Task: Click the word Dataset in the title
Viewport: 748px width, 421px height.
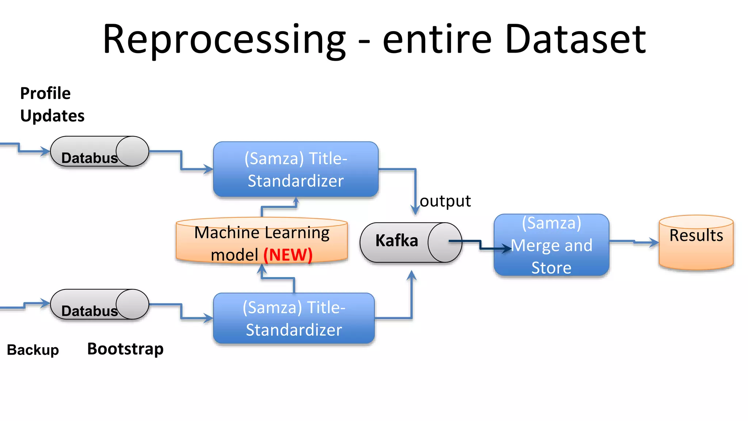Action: click(576, 39)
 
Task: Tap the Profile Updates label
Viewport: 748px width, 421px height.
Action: click(52, 105)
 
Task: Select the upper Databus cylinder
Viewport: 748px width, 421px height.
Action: click(99, 152)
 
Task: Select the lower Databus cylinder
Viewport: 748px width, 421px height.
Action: click(99, 304)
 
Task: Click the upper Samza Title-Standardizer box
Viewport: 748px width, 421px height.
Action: click(295, 170)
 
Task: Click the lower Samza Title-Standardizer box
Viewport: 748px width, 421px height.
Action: click(294, 318)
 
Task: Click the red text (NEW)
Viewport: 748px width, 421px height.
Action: click(288, 255)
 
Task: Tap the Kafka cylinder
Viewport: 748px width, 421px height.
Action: click(411, 242)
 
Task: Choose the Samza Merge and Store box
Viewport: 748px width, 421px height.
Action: click(551, 245)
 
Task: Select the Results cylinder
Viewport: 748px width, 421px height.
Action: click(696, 242)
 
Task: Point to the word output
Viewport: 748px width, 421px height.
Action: click(445, 201)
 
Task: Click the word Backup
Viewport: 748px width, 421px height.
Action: click(33, 350)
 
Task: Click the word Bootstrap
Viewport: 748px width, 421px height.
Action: click(125, 349)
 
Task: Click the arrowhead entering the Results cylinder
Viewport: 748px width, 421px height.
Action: click(654, 242)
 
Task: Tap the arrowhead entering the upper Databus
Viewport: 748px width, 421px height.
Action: click(45, 151)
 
